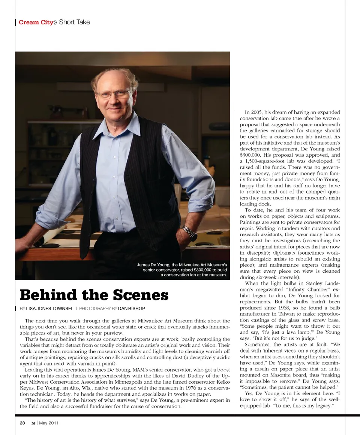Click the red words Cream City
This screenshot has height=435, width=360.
click(36, 22)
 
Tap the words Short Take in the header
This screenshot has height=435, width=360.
click(75, 22)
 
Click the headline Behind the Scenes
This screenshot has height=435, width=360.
click(94, 295)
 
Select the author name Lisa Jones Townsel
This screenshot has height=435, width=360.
click(49, 308)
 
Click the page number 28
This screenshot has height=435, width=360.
click(22, 423)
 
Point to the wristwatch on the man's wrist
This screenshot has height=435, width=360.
click(190, 233)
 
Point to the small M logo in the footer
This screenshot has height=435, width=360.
click(33, 423)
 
